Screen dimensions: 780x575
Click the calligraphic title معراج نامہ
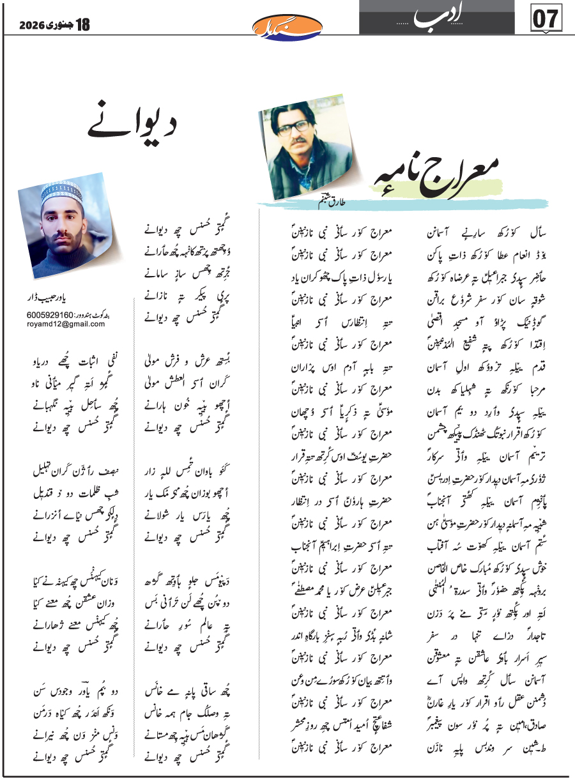pyautogui.click(x=441, y=172)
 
